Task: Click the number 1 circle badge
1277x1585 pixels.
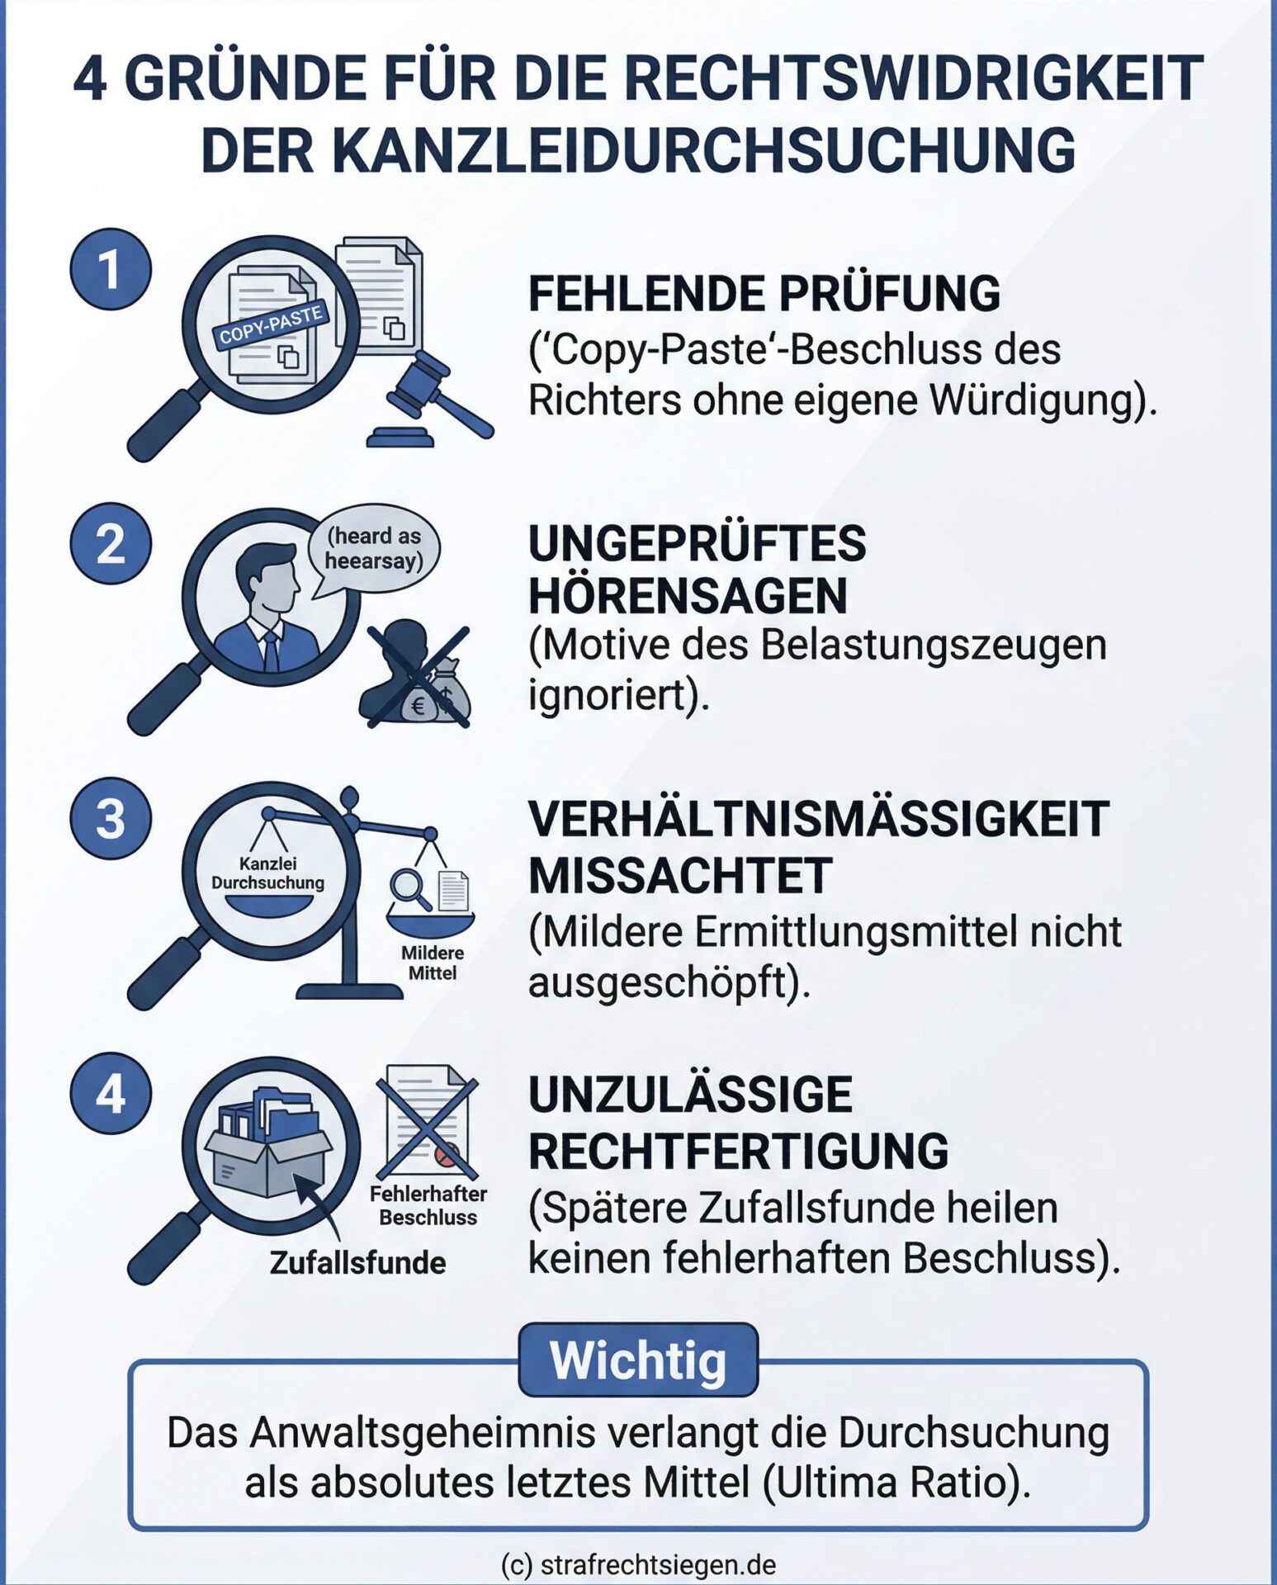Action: tap(110, 269)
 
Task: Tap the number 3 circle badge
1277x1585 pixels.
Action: tap(110, 819)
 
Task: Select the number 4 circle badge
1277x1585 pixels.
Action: tap(110, 1093)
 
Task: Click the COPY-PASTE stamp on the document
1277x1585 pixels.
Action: tap(271, 325)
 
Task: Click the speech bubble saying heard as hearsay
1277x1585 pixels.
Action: tap(373, 549)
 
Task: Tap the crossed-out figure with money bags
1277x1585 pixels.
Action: tap(416, 675)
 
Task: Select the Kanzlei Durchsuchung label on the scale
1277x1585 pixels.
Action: tap(267, 873)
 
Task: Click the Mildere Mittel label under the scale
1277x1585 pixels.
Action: tap(433, 963)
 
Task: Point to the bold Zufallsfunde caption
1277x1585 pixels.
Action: tap(357, 1262)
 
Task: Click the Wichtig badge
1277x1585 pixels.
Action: tap(638, 1360)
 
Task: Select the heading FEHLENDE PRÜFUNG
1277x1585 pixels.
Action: tap(764, 293)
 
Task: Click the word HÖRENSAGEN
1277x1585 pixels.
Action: tap(688, 595)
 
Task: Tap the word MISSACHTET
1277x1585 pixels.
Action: tap(680, 875)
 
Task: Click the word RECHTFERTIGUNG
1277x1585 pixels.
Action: tap(739, 1151)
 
